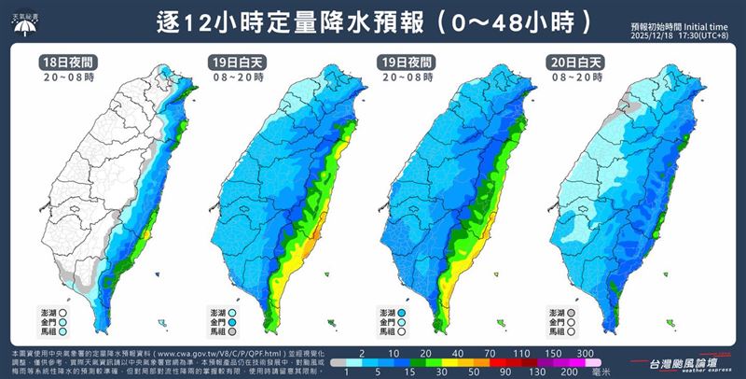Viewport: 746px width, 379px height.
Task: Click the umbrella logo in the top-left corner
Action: click(24, 22)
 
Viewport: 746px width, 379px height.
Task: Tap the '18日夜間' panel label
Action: click(65, 63)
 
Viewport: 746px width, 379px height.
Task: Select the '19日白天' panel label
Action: click(234, 63)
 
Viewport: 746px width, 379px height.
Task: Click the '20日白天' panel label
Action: click(573, 63)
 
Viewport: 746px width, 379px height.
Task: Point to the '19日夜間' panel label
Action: click(404, 63)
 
